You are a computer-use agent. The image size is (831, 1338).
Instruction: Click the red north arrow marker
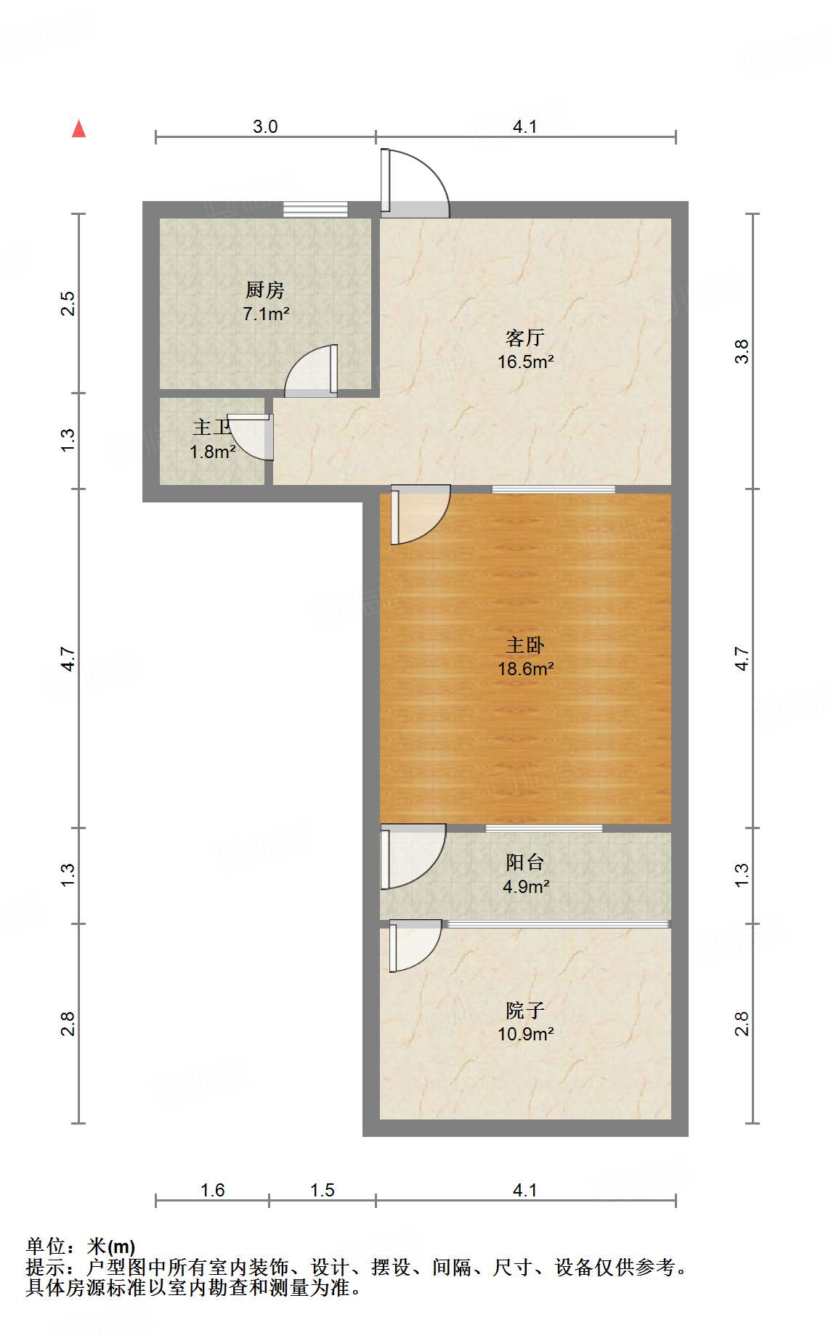pos(79,129)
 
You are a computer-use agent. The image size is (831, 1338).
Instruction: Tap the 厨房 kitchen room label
pos(264,290)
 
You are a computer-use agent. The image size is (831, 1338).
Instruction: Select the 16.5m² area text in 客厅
pos(525,362)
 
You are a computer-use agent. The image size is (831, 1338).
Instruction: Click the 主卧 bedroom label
pos(525,645)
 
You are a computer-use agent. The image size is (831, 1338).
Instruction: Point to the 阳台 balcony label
pos(525,862)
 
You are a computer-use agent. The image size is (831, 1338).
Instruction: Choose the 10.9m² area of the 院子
pos(525,1034)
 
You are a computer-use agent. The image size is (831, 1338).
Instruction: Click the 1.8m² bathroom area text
pos(212,452)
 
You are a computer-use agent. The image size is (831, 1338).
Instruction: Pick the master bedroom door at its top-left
pos(417,515)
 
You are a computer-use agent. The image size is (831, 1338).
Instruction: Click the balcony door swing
pos(411,857)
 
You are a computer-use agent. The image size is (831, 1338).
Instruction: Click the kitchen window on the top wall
pos(315,209)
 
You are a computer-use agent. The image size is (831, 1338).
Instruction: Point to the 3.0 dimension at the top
pos(265,126)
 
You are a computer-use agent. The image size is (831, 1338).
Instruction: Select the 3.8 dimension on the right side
pos(741,351)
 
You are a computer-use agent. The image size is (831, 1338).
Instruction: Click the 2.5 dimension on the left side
pos(68,303)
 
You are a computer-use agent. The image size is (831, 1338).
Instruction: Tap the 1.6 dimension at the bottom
pos(212,1190)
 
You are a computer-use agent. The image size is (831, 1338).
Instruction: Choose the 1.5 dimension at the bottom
pos(322,1190)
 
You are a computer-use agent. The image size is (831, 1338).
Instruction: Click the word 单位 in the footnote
pos(45,1246)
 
